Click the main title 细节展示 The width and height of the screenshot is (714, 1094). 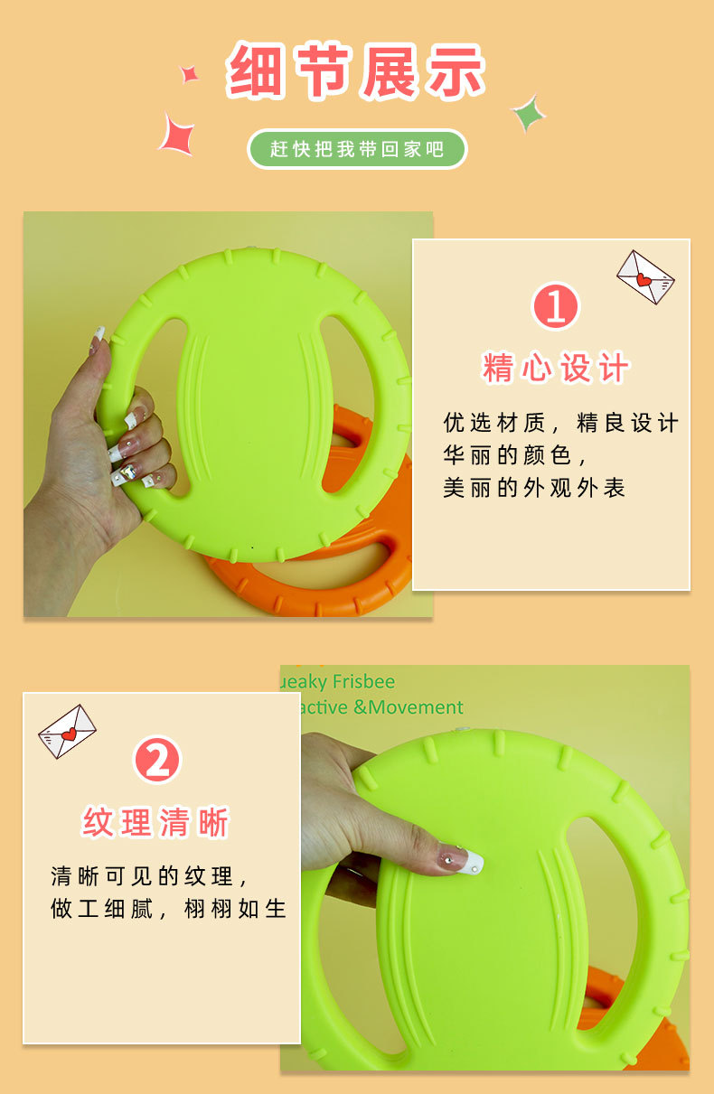coord(356,71)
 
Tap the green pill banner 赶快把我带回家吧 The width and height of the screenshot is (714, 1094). coord(357,149)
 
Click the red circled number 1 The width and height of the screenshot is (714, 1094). coord(555,306)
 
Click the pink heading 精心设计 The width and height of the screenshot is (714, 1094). coord(556,369)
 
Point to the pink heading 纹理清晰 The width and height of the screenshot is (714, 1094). coord(156,823)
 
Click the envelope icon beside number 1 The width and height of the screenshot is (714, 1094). coord(645,276)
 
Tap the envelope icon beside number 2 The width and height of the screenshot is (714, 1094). coord(67,731)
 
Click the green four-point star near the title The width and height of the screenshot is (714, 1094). coord(528,114)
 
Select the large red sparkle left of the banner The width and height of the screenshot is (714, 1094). coord(177,133)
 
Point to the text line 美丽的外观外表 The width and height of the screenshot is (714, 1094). coord(533,488)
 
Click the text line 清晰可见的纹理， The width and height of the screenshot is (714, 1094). coord(149,876)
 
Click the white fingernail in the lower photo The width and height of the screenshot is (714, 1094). coord(472,862)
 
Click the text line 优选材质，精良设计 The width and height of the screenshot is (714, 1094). coord(560,423)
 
